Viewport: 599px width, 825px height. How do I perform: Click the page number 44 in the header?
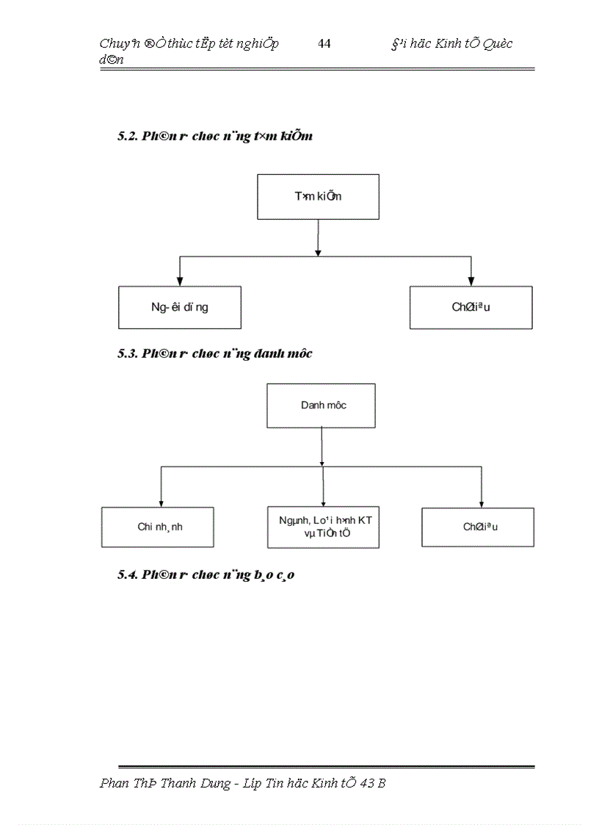pos(324,43)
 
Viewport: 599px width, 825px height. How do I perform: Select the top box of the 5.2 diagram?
pos(318,197)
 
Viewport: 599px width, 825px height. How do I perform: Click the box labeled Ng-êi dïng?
pos(179,307)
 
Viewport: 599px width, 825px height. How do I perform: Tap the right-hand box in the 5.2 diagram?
pos(471,307)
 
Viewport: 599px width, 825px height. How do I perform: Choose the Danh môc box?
pos(322,406)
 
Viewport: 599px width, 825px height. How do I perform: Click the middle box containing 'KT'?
pos(324,527)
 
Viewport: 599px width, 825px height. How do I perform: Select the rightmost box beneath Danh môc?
pos(478,527)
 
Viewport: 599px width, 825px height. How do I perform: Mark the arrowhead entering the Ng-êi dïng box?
pos(179,281)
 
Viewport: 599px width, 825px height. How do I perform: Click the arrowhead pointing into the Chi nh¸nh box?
pos(161,502)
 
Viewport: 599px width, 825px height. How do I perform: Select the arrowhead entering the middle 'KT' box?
pos(323,502)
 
